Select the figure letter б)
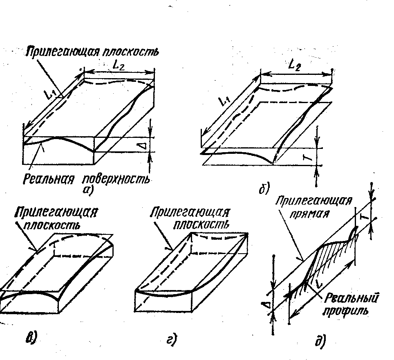pos(263,189)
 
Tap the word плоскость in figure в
pos(56,226)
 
